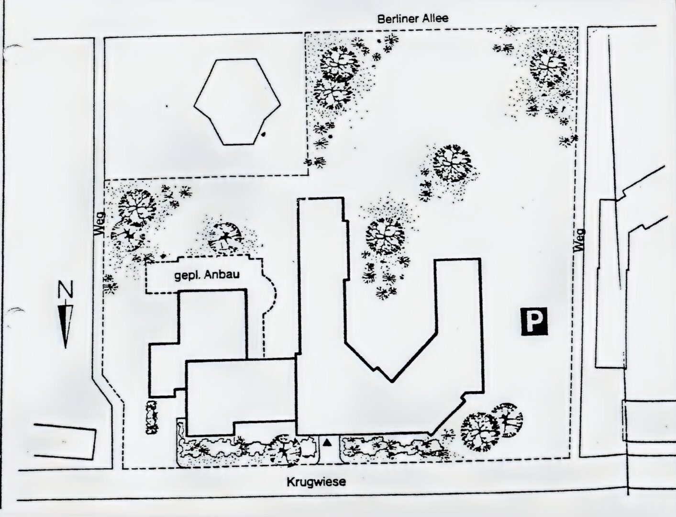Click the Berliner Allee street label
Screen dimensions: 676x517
pyautogui.click(x=413, y=19)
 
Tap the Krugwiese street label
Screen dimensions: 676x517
pyautogui.click(x=316, y=482)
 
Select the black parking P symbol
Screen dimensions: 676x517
pyautogui.click(x=535, y=321)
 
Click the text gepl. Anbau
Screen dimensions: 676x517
pyautogui.click(x=207, y=275)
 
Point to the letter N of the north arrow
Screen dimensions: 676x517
pyautogui.click(x=66, y=289)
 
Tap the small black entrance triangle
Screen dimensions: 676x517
pyautogui.click(x=327, y=443)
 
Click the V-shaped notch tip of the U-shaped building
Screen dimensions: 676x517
pyautogui.click(x=392, y=382)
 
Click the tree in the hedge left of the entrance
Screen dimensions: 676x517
pyautogui.click(x=283, y=450)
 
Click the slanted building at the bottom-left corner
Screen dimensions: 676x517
pyautogui.click(x=64, y=442)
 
